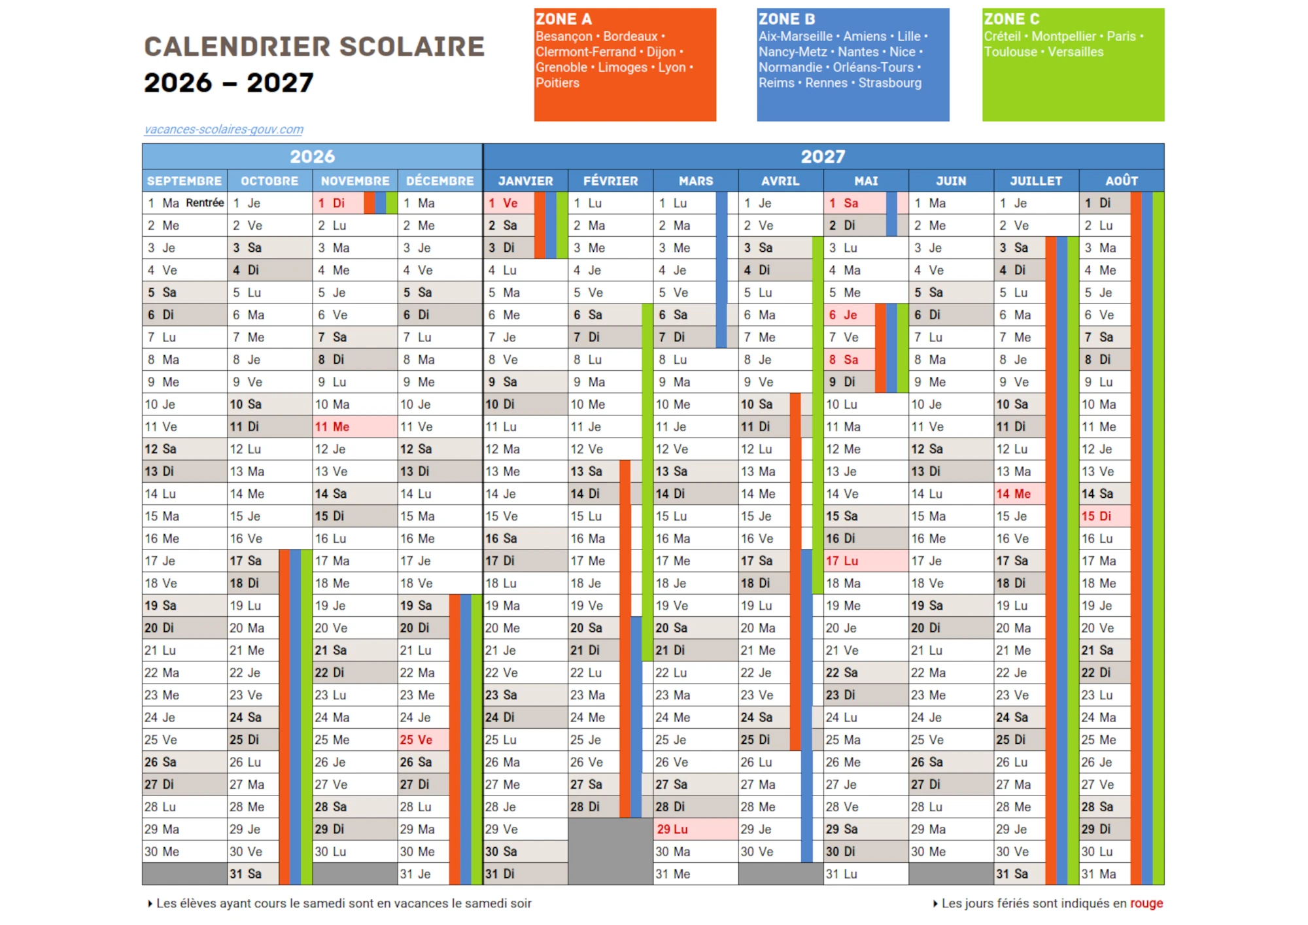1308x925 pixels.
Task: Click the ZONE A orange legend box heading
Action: coord(563,19)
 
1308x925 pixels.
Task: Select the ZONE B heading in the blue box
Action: coord(786,19)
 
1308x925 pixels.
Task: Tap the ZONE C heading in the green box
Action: coord(1011,19)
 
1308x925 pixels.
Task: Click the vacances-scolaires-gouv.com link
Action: coord(224,130)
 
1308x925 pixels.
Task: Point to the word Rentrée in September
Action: coord(205,203)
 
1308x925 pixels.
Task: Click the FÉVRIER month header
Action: coord(610,181)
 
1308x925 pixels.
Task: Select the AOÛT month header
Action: coord(1121,181)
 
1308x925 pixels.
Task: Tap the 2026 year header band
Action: coord(312,156)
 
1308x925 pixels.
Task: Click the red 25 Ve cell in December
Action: coord(422,740)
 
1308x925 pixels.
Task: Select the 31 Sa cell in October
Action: coord(252,874)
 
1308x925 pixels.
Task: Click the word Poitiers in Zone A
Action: coord(557,83)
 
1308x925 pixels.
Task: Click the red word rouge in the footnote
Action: coord(1146,903)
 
